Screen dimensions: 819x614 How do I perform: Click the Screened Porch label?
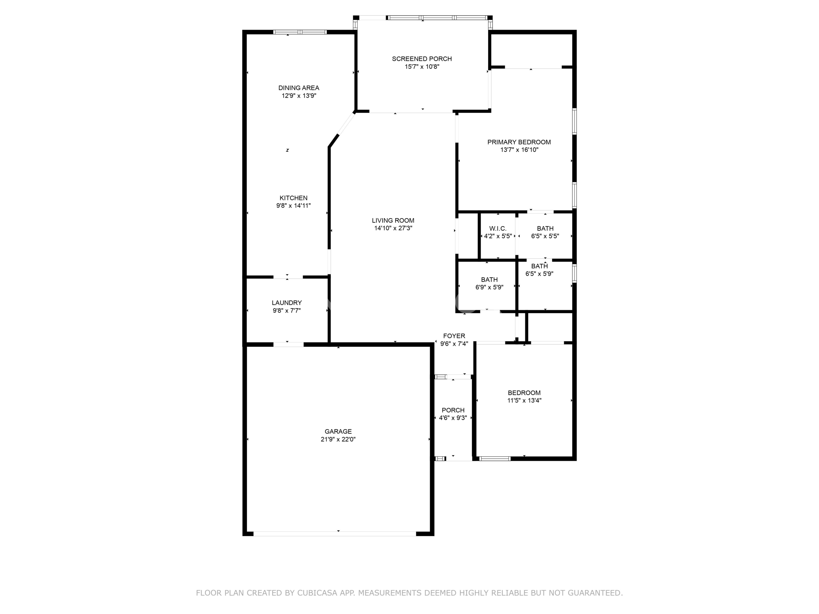[x=422, y=59]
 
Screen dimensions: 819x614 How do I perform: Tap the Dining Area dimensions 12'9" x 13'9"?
[x=299, y=96]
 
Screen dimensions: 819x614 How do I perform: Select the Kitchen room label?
[x=293, y=198]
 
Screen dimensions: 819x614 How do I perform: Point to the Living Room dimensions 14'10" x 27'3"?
[x=393, y=228]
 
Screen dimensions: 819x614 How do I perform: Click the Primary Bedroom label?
[x=519, y=142]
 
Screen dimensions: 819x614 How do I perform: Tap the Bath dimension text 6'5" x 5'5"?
[x=545, y=236]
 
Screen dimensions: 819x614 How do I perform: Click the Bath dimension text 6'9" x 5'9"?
[x=489, y=287]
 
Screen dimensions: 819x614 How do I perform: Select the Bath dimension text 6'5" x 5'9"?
[x=539, y=274]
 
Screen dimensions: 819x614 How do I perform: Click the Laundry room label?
[x=287, y=303]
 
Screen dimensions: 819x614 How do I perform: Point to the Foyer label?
[x=454, y=336]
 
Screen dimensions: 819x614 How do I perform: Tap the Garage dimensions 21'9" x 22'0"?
[x=338, y=439]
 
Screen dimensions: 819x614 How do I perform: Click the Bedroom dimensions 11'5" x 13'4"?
[x=524, y=400]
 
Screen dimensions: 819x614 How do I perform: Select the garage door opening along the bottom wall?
[x=335, y=534]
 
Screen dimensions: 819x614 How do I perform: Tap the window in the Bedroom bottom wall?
[x=495, y=459]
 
